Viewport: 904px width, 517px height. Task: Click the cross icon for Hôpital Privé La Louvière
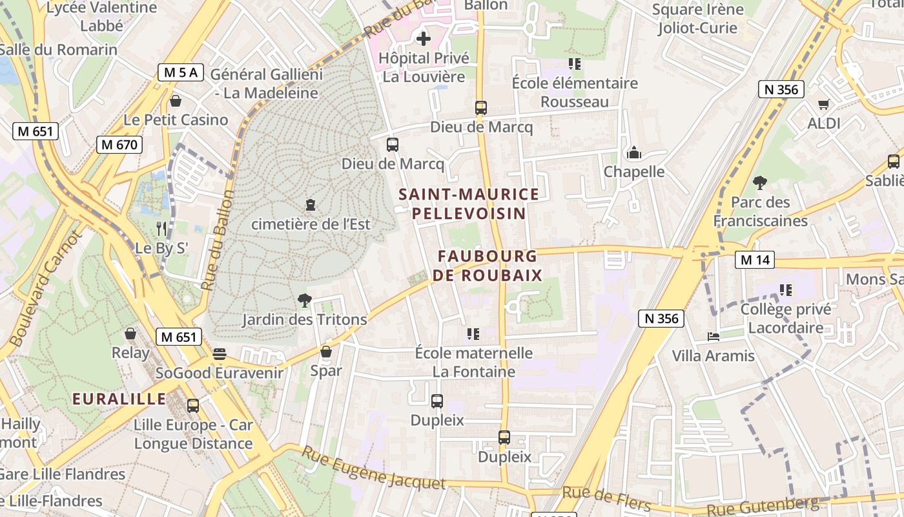point(424,39)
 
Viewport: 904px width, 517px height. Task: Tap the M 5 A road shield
point(181,72)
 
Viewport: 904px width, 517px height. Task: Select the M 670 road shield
point(119,145)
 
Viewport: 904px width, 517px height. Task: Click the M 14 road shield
point(754,260)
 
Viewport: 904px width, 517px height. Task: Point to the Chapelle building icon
point(634,153)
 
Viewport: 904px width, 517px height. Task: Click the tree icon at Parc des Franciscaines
point(760,183)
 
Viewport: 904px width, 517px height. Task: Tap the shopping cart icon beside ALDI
point(823,104)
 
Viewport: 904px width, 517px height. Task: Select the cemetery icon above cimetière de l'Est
point(311,206)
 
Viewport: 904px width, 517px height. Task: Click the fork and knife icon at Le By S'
point(161,228)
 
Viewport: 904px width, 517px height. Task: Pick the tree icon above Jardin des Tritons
point(304,301)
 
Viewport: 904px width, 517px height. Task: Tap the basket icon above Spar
point(326,352)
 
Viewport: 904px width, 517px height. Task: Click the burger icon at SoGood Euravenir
point(220,354)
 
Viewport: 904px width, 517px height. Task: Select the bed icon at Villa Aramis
point(713,337)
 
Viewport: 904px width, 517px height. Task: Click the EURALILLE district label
point(119,399)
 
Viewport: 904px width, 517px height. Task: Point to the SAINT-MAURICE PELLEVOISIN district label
point(468,204)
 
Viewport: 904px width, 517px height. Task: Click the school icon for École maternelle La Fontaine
point(473,334)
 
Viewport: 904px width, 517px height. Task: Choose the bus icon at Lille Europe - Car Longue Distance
point(192,406)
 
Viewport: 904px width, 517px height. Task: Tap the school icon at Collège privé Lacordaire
point(786,290)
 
